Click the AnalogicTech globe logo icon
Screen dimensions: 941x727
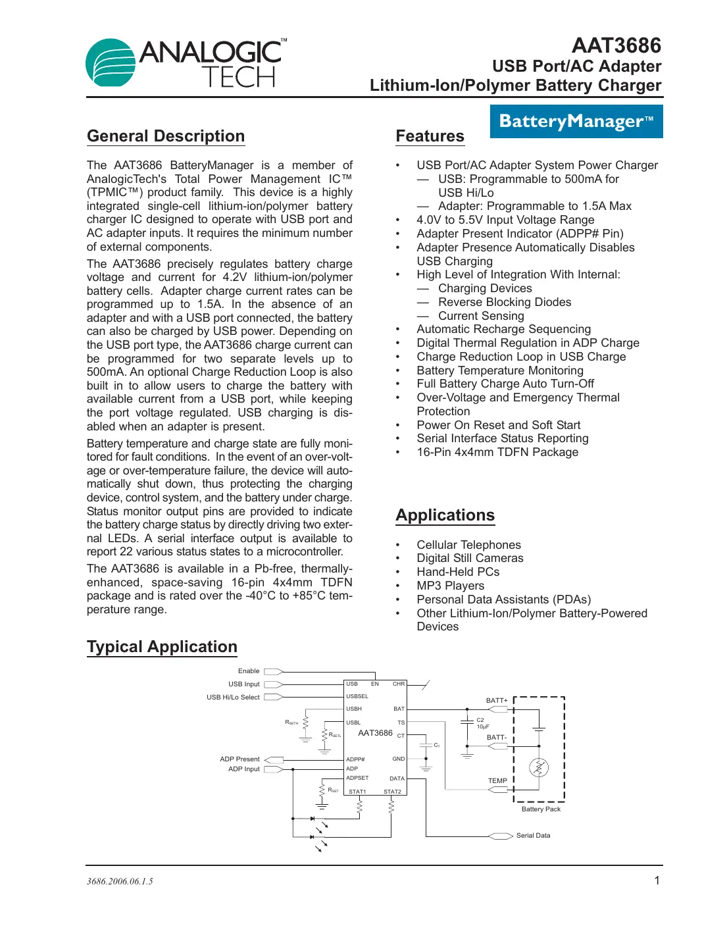(x=111, y=63)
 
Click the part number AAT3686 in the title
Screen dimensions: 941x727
(x=616, y=45)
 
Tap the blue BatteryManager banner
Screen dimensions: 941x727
(x=576, y=122)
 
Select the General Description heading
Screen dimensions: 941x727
(x=166, y=136)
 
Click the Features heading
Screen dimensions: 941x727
(x=430, y=136)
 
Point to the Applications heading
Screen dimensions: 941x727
(x=445, y=515)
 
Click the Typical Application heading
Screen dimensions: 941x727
(x=162, y=647)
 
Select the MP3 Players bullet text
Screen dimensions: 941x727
(x=450, y=586)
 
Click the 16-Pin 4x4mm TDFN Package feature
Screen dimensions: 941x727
(x=497, y=452)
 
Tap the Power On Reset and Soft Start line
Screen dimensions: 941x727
(x=498, y=425)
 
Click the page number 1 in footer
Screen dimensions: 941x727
(x=657, y=880)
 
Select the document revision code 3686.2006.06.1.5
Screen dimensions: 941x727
(x=120, y=882)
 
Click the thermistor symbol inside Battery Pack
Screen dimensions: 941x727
(x=539, y=767)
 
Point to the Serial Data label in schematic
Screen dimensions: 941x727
(x=533, y=836)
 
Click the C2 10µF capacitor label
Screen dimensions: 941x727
(x=482, y=723)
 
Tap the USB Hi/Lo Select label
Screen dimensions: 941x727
(x=233, y=698)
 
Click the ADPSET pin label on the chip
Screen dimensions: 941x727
(x=357, y=778)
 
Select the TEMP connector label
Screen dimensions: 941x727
(x=497, y=781)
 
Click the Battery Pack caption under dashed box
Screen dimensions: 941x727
(x=541, y=809)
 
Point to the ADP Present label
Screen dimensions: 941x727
(x=239, y=759)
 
